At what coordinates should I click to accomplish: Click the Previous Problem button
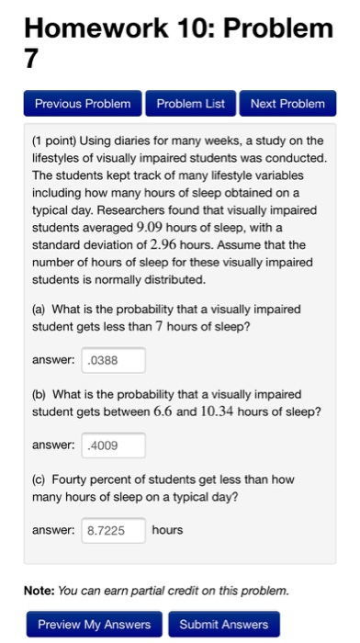[83, 104]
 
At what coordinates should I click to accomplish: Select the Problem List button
[190, 104]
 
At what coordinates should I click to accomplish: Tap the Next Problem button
[287, 104]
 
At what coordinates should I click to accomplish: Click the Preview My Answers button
[95, 625]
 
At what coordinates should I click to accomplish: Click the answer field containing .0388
[114, 360]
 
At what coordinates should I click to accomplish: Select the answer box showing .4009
[114, 446]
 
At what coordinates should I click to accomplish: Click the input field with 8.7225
[114, 530]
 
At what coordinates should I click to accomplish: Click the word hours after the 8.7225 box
[168, 530]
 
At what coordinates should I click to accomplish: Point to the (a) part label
[39, 310]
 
